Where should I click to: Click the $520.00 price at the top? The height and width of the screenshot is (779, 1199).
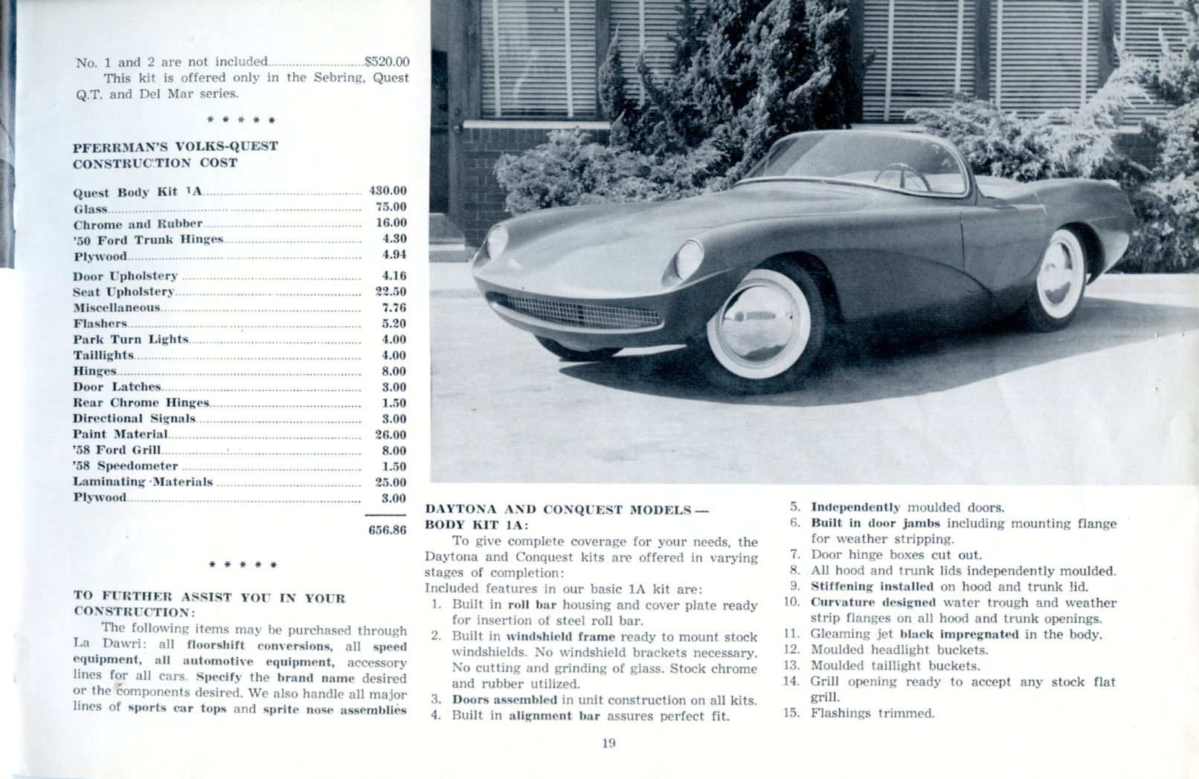click(x=387, y=62)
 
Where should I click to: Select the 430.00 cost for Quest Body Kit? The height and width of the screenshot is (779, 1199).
click(x=388, y=191)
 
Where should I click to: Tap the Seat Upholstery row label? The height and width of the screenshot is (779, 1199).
click(x=123, y=292)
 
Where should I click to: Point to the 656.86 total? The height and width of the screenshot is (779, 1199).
click(x=388, y=531)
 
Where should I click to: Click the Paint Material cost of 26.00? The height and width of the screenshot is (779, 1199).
click(x=390, y=435)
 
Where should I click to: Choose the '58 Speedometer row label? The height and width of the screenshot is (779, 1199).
click(x=126, y=466)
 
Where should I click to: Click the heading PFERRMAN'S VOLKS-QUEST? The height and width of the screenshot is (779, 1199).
click(x=176, y=146)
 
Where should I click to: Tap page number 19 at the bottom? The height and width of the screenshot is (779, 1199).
click(x=609, y=743)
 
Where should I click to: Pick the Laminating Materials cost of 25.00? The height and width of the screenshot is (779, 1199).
click(x=390, y=482)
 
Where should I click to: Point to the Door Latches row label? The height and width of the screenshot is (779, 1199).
click(x=117, y=387)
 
